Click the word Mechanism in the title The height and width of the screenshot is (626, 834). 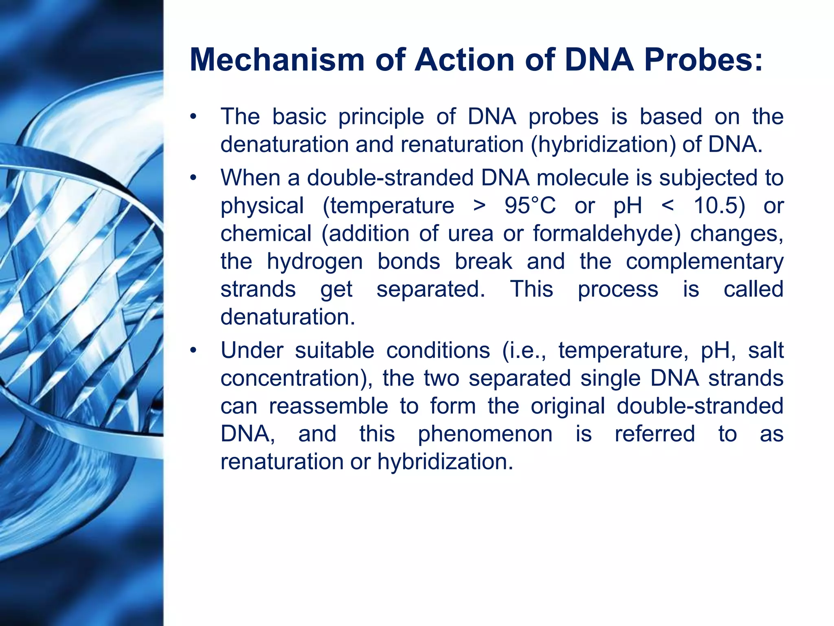pyautogui.click(x=277, y=60)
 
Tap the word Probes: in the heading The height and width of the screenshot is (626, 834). pyautogui.click(x=703, y=60)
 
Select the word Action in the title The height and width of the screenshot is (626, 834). pyautogui.click(x=464, y=60)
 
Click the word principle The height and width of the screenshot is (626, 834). pyautogui.click(x=381, y=117)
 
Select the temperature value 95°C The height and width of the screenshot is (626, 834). pyautogui.click(x=530, y=205)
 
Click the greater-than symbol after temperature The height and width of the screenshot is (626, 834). pyautogui.click(x=480, y=206)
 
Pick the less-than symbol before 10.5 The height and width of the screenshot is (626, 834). pyautogui.click(x=668, y=206)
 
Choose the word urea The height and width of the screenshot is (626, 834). pyautogui.click(x=470, y=234)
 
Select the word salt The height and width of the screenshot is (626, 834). pyautogui.click(x=766, y=350)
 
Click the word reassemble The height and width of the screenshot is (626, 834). pyautogui.click(x=328, y=406)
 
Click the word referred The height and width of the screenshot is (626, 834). pyautogui.click(x=655, y=434)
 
